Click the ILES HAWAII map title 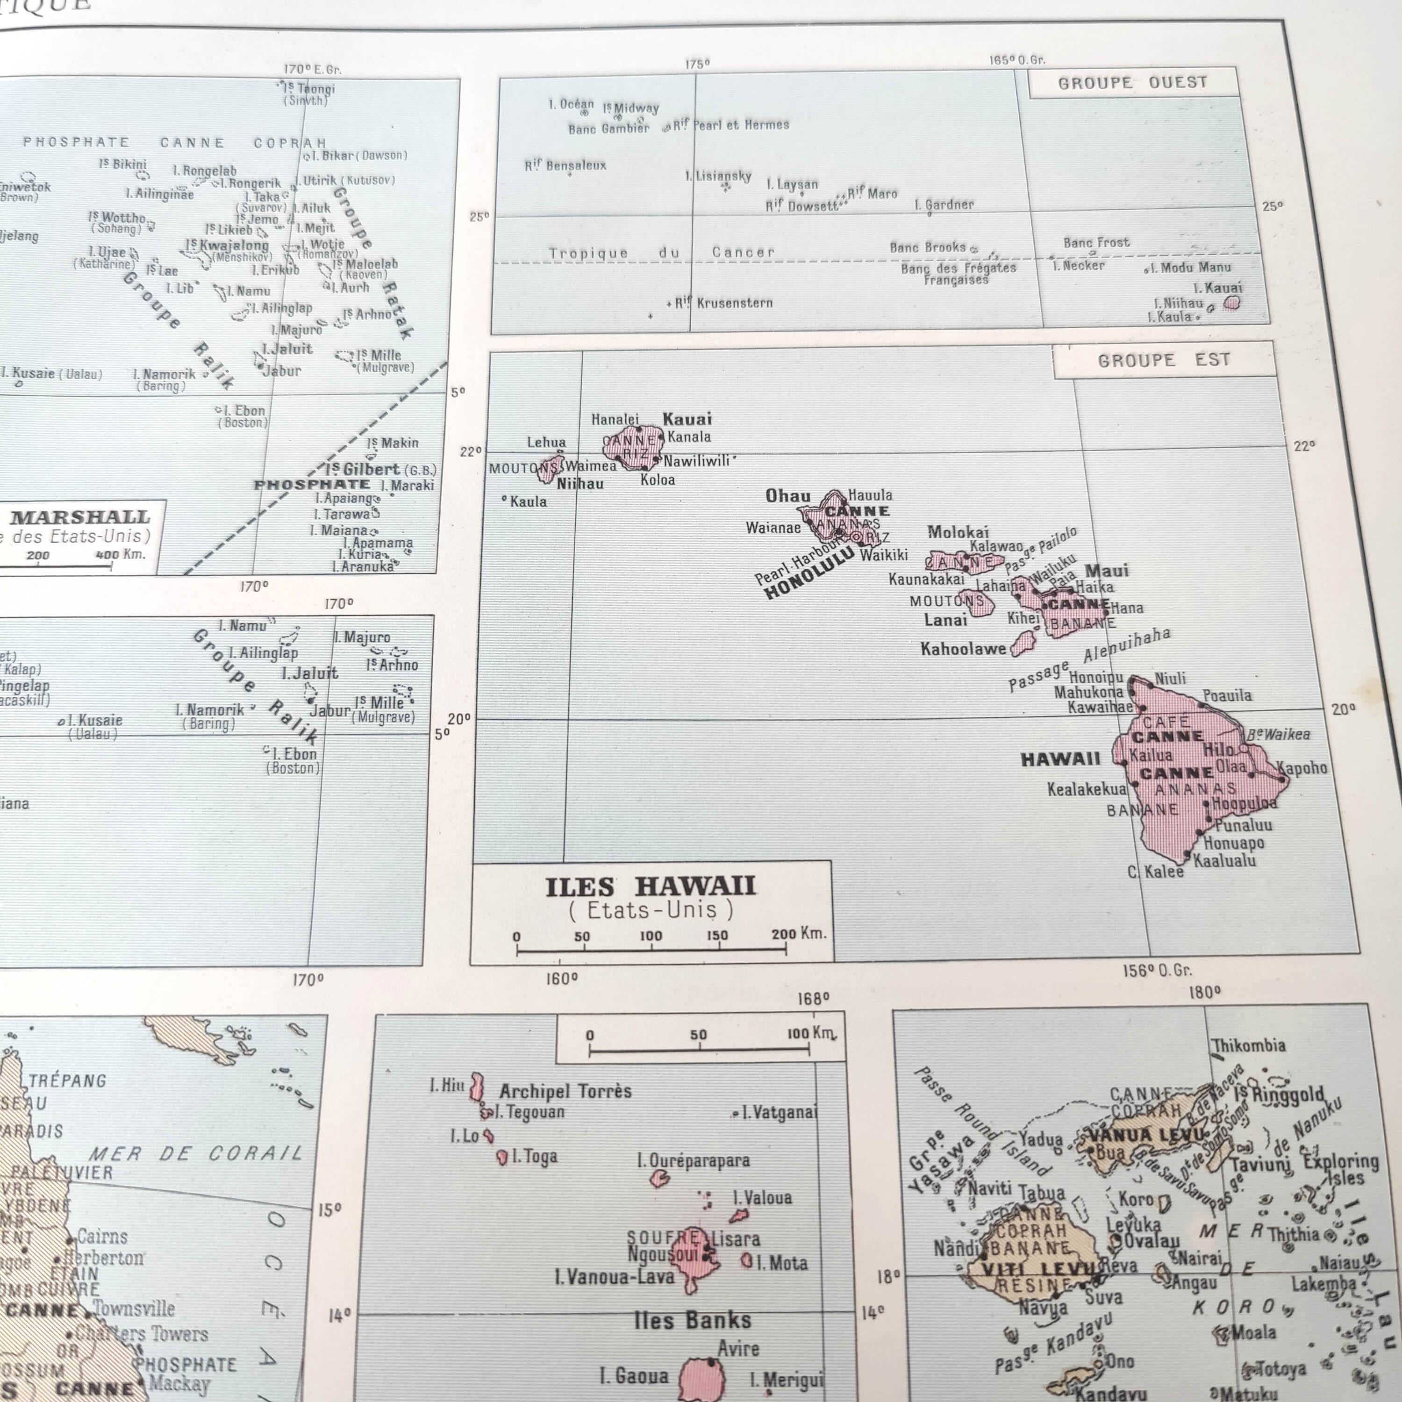click(x=650, y=887)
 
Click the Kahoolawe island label click(x=963, y=649)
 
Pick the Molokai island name click(x=958, y=532)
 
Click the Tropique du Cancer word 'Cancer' click(x=743, y=252)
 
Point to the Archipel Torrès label click(x=565, y=1091)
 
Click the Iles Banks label click(x=692, y=1320)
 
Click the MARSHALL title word click(x=80, y=517)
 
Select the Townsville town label click(x=134, y=1309)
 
